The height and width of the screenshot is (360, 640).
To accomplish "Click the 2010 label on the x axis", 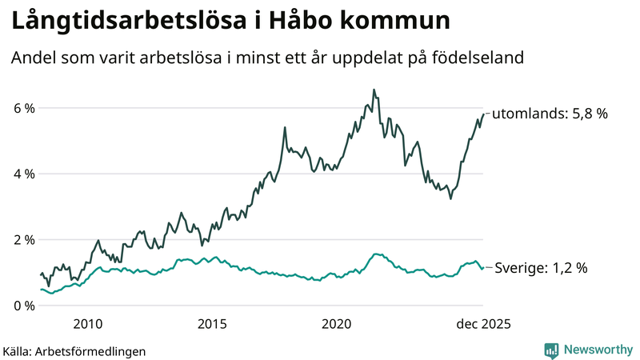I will pyautogui.click(x=87, y=324).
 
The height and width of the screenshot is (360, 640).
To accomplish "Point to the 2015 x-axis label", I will pyautogui.click(x=212, y=324).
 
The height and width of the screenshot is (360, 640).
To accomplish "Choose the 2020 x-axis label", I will pyautogui.click(x=337, y=324).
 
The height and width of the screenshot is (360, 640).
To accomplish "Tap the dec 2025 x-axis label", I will pyautogui.click(x=482, y=324).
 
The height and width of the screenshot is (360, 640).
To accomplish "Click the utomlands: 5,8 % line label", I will pyautogui.click(x=550, y=114).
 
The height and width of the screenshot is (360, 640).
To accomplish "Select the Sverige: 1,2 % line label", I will pyautogui.click(x=541, y=268).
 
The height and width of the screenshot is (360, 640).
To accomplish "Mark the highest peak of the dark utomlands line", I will pyautogui.click(x=374, y=90).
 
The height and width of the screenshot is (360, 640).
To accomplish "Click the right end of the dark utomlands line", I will pyautogui.click(x=482, y=114).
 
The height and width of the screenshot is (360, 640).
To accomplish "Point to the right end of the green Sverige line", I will pyautogui.click(x=482, y=268).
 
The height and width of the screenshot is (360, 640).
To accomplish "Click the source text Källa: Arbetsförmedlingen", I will pyautogui.click(x=74, y=350).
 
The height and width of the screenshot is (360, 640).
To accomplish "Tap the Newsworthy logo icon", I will pyautogui.click(x=551, y=350).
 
